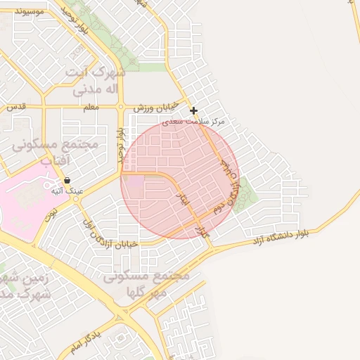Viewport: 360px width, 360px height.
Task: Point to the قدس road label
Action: tap(16, 107)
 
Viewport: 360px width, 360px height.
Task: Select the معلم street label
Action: tap(90, 107)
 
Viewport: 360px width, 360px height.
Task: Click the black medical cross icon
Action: tap(193, 110)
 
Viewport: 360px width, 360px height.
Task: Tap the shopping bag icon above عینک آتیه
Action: tap(66, 181)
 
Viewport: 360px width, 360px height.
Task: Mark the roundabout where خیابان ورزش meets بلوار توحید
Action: tap(122, 107)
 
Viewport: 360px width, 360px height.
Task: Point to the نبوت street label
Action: tap(51, 214)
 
